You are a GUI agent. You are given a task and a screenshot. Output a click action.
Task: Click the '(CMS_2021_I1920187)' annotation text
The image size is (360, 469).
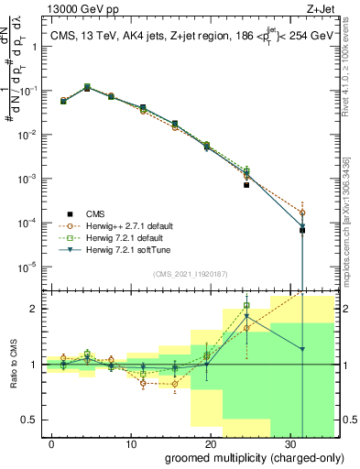(191, 274)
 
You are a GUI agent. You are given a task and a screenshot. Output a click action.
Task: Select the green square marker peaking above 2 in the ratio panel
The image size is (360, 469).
(245, 306)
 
